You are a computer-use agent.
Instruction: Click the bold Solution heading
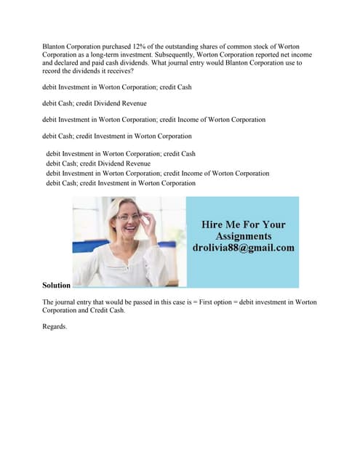pos(56,286)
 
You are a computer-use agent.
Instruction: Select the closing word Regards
pos(55,327)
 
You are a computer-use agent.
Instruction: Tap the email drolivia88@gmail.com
pos(243,248)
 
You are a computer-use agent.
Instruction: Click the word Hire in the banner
pos(213,225)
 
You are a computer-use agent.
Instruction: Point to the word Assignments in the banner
pos(243,236)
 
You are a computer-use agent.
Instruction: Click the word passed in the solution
pos(139,302)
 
